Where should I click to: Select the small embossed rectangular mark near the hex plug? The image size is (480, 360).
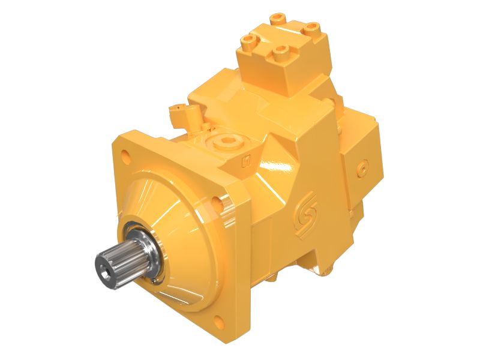coord(245,161)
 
